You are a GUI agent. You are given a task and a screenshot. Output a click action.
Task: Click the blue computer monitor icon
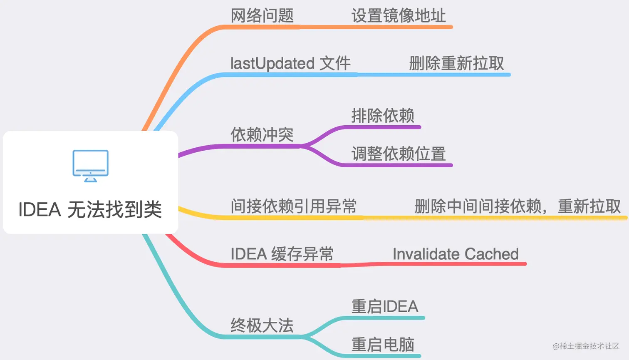click(90, 166)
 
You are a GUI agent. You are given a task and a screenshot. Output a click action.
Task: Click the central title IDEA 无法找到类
click(90, 209)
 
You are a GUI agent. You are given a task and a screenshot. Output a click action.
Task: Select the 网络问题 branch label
click(262, 16)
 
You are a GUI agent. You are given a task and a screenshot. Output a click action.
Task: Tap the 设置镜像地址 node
click(398, 16)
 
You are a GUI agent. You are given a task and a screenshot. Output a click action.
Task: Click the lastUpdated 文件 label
click(290, 64)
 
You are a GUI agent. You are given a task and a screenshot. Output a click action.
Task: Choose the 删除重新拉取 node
click(456, 64)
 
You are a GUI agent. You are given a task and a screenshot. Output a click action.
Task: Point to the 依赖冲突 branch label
click(262, 135)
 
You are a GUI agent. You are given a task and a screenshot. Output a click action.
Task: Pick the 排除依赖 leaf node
click(383, 116)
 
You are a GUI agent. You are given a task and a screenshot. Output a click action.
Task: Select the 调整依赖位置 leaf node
click(398, 154)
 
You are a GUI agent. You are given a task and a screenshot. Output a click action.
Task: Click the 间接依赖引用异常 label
click(294, 206)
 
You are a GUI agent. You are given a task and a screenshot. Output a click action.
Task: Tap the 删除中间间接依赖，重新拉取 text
click(518, 206)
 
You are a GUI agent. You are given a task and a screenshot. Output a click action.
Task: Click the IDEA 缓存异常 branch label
click(282, 254)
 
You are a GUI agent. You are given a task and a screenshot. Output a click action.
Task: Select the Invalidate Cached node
click(456, 254)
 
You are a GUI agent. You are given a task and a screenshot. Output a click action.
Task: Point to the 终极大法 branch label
click(262, 325)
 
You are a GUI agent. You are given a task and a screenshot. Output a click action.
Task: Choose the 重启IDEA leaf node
click(385, 307)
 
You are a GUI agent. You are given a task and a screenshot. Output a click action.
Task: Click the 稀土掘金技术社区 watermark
click(586, 346)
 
